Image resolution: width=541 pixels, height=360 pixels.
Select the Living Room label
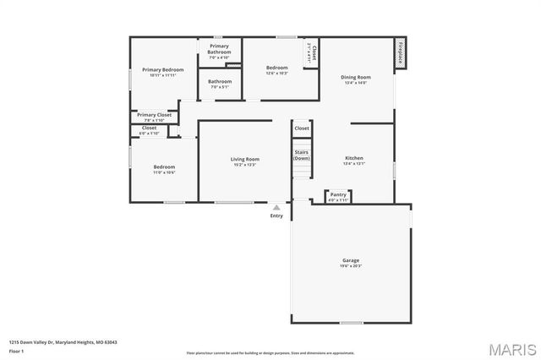pos(245,159)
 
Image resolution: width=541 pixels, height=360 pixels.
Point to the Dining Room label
pos(357,77)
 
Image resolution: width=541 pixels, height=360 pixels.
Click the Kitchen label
pos(354,159)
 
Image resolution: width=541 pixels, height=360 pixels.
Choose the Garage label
pos(351,260)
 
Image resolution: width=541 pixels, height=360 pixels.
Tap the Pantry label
pos(338,194)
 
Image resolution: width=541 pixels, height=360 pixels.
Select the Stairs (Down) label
pos(302,155)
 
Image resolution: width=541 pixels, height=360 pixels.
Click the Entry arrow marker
pos(276,207)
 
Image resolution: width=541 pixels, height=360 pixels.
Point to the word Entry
pos(276,216)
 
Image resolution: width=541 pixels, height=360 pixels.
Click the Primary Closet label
pos(154,115)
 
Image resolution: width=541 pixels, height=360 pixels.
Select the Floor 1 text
pos(17,351)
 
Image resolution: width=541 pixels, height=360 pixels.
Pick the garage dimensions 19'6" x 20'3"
pos(351,266)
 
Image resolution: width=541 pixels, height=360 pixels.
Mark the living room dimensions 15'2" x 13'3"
pos(245,165)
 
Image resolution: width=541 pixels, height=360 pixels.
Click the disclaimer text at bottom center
pos(270,352)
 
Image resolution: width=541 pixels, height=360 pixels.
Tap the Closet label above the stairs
pos(302,128)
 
